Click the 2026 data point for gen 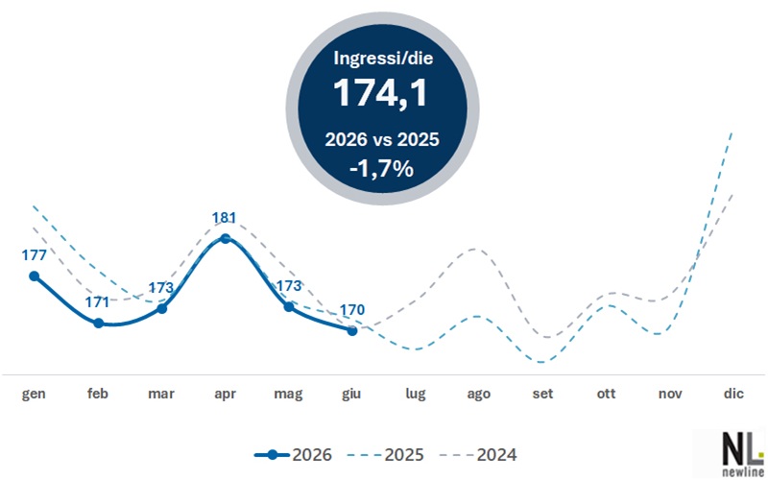[x=34, y=276]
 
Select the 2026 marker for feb [x=99, y=323]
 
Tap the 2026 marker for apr [x=226, y=238]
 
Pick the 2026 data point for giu [x=351, y=330]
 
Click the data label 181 [x=225, y=218]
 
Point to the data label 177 [x=35, y=255]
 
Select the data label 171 [x=97, y=302]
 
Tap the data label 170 [x=352, y=309]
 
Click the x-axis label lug [x=416, y=394]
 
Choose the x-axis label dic [x=733, y=394]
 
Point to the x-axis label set [x=542, y=394]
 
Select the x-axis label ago [x=479, y=395]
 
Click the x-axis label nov [x=670, y=395]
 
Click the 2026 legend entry [x=293, y=455]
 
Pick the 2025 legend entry [x=385, y=455]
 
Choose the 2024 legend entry [x=478, y=455]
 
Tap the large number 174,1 [x=380, y=93]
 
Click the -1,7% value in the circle [x=381, y=169]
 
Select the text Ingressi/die [x=383, y=59]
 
